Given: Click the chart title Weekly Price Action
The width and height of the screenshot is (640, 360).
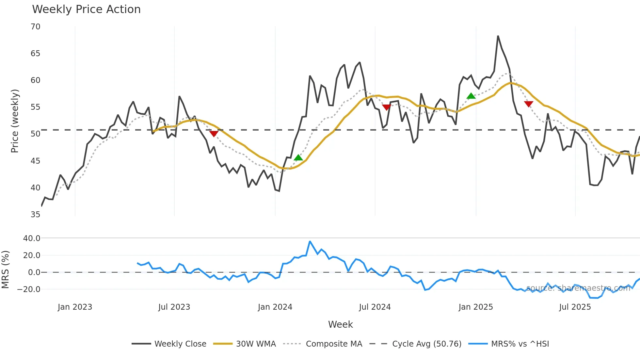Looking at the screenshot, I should tap(86, 9).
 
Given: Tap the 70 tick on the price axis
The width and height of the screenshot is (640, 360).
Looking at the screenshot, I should tap(36, 27).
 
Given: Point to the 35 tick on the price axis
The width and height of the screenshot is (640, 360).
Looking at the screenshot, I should tap(36, 215).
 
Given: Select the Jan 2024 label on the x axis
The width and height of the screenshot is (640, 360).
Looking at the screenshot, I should tap(275, 307).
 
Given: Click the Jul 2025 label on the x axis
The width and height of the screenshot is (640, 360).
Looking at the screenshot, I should tap(575, 307).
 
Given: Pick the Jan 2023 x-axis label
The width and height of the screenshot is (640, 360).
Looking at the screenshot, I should tap(75, 307).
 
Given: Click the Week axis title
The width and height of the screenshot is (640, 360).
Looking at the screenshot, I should tap(340, 324).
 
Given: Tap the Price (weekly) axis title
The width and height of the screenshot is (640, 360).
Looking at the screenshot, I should tap(15, 121).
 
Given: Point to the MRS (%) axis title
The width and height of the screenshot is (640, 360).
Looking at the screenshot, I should tap(6, 270).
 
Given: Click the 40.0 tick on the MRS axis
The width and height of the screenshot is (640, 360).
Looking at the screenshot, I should tap(32, 238).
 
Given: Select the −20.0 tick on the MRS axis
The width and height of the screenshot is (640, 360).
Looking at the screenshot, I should tap(29, 289).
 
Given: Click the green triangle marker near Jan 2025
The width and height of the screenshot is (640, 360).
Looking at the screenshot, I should tap(471, 96).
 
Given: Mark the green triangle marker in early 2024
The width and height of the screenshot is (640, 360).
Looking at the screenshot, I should tap(298, 158).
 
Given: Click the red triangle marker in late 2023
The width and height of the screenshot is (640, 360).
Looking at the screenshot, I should tap(214, 134).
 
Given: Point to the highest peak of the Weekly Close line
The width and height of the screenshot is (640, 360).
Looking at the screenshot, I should tap(498, 36).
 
